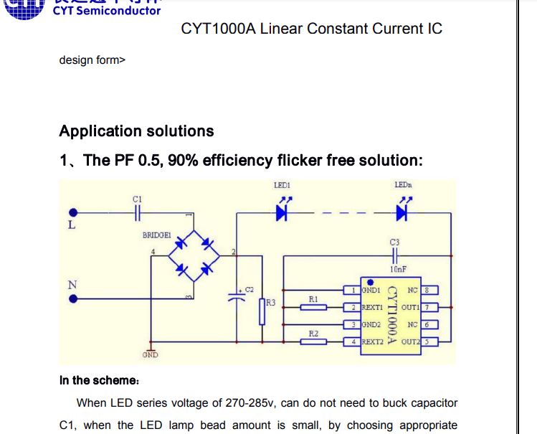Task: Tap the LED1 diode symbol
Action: pyautogui.click(x=282, y=212)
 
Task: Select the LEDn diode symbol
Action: pyautogui.click(x=401, y=212)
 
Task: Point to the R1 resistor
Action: pyautogui.click(x=313, y=307)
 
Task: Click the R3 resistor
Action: pyautogui.click(x=262, y=311)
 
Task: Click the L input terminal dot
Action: pyautogui.click(x=72, y=212)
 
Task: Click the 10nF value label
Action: pyautogui.click(x=398, y=269)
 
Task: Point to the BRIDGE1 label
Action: pyautogui.click(x=156, y=235)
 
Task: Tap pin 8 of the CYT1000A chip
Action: pyautogui.click(x=427, y=291)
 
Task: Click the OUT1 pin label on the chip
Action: pyautogui.click(x=409, y=307)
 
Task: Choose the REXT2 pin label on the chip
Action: pyautogui.click(x=371, y=342)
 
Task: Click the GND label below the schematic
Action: pyautogui.click(x=150, y=355)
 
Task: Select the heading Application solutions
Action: pyautogui.click(x=136, y=131)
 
